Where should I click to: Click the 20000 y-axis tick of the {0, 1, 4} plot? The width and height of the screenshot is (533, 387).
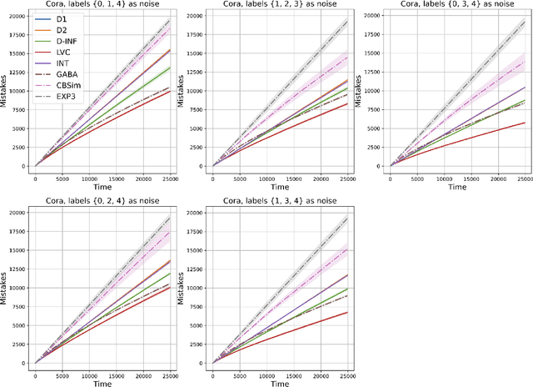click(17, 14)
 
